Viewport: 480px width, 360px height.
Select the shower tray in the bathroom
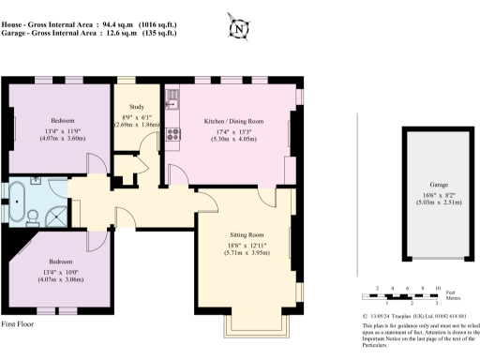55,215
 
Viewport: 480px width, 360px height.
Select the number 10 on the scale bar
438,289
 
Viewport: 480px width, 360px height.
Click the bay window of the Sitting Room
257,329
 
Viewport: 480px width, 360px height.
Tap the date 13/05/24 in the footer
382,316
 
